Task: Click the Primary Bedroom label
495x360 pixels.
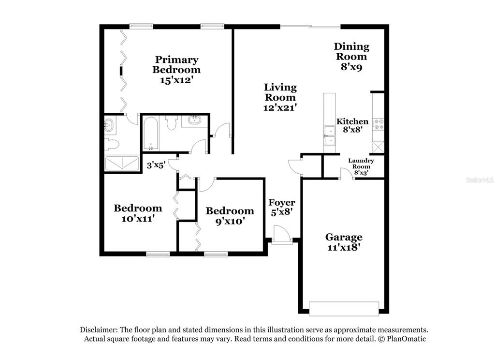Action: [176, 70]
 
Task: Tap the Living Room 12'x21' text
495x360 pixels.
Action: [280, 97]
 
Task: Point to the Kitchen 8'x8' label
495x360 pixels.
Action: [352, 125]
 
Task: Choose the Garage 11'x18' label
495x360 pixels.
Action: [344, 242]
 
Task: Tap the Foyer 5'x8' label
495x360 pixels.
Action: [282, 207]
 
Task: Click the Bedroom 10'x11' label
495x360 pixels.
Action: [138, 213]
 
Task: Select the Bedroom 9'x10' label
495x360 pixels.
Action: [230, 215]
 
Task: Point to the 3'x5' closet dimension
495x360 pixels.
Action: [156, 165]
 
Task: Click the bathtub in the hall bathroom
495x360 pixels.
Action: [151, 134]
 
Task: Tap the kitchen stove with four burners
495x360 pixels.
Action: [379, 124]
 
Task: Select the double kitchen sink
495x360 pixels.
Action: [330, 135]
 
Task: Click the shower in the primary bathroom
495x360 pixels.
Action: [122, 164]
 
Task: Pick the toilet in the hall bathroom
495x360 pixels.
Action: [172, 122]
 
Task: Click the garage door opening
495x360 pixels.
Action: [344, 309]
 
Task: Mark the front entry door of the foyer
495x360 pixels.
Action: [282, 234]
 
